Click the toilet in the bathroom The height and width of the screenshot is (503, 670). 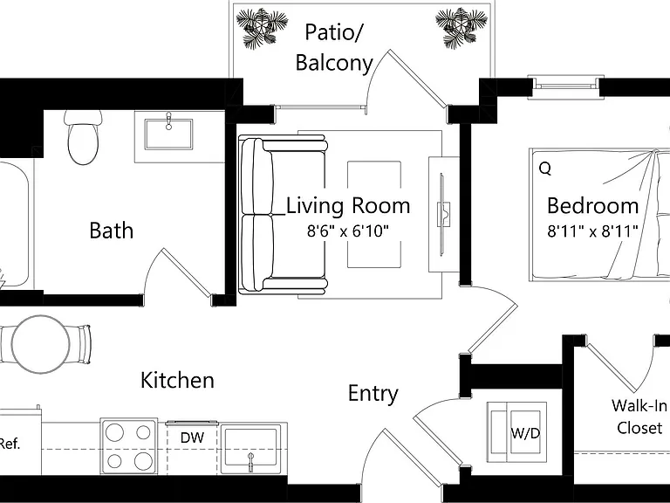[84, 137]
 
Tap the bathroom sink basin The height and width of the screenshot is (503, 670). [168, 134]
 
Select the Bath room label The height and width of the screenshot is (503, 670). [112, 231]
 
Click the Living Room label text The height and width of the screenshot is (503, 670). [348, 206]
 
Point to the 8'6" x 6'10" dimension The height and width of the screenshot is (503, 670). [348, 231]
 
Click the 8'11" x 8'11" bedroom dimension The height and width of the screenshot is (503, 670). [592, 231]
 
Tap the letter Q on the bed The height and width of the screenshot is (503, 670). [544, 169]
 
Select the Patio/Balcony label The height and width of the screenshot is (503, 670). [334, 47]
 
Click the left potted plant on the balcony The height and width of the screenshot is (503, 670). [262, 28]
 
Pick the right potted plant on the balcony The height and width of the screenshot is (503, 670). [461, 28]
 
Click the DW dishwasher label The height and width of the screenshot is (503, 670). [192, 438]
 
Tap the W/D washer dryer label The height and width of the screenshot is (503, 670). [525, 433]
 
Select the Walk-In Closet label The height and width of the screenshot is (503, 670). [639, 417]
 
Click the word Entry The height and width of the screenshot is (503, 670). [373, 394]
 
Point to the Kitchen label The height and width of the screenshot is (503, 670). [177, 380]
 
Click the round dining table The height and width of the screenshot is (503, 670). [41, 344]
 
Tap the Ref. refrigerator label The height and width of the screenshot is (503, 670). [10, 444]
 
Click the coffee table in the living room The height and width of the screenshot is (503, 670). [374, 214]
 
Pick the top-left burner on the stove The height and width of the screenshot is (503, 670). [114, 433]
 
